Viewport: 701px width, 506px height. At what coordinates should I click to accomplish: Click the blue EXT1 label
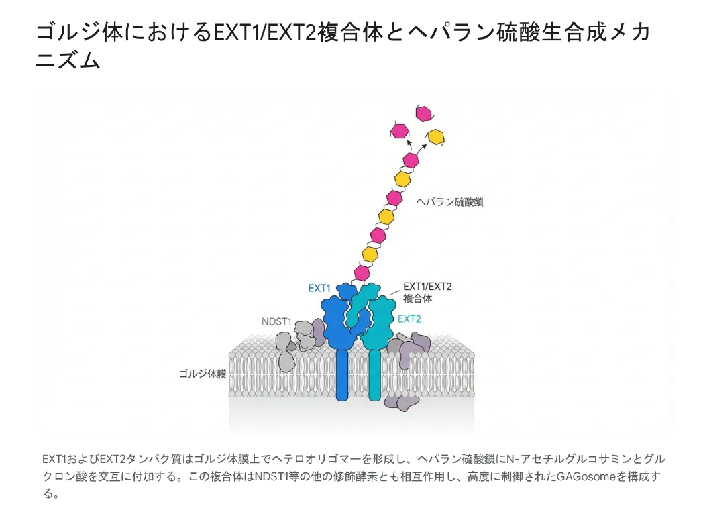pos(319,288)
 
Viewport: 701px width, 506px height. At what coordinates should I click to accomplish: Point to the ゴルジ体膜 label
pos(198,373)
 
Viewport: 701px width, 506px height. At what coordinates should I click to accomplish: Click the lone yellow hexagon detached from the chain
pos(437,136)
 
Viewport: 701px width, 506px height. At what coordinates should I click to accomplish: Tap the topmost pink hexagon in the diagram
pos(423,114)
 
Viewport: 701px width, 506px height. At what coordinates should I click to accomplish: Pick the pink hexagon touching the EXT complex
pos(362,272)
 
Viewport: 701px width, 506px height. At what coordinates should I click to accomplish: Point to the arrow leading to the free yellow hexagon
pos(424,146)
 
